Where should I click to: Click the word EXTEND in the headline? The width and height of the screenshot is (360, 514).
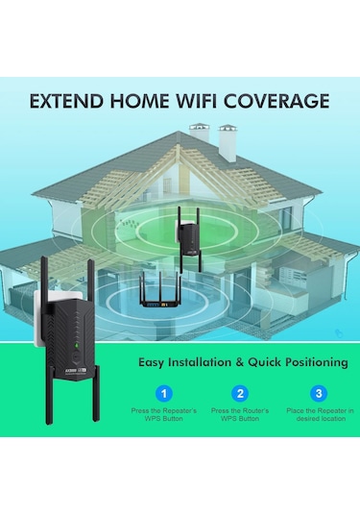[62, 101]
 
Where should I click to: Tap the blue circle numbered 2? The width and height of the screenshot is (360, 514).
[241, 393]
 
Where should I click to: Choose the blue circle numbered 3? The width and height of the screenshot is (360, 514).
[318, 393]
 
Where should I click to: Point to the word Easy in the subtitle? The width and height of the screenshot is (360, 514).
[156, 362]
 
